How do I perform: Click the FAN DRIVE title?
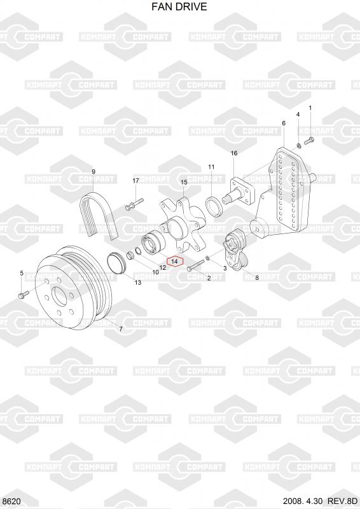tap(179, 6)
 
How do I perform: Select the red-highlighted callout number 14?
tap(175, 261)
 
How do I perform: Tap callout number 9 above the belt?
tap(93, 172)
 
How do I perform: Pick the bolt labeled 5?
tap(24, 294)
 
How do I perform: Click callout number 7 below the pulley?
tap(120, 329)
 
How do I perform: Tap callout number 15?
tap(184, 183)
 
